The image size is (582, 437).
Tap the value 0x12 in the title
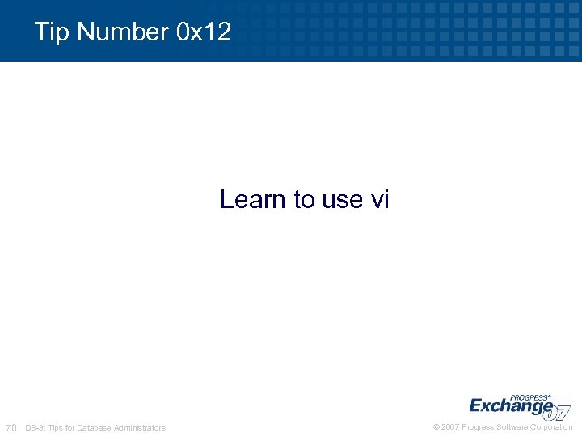click(203, 32)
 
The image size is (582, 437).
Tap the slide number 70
click(11, 427)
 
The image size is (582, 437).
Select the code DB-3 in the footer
click(36, 427)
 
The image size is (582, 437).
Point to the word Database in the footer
click(95, 427)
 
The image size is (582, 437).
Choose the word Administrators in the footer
click(140, 427)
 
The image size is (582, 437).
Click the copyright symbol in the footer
click(436, 427)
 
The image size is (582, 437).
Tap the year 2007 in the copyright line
click(451, 427)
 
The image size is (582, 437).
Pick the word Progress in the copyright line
click(478, 427)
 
